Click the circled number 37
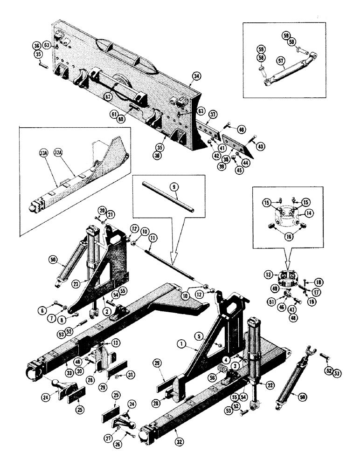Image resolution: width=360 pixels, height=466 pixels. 213,115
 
